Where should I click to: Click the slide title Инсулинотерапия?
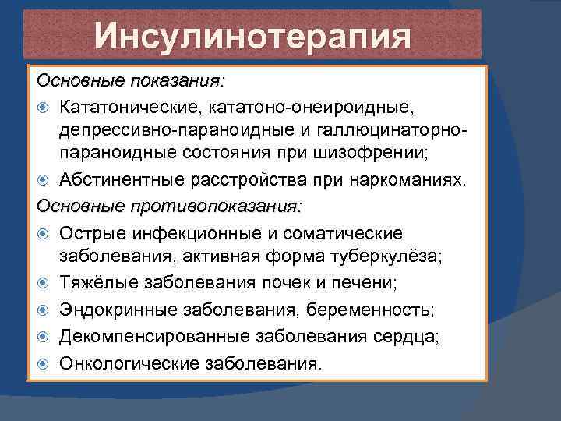pyautogui.click(x=252, y=37)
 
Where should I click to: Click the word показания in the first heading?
pyautogui.click(x=178, y=80)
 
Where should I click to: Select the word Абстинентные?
pyautogui.click(x=129, y=182)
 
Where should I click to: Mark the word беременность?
pyautogui.click(x=372, y=310)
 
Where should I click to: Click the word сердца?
pyautogui.click(x=408, y=335)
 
